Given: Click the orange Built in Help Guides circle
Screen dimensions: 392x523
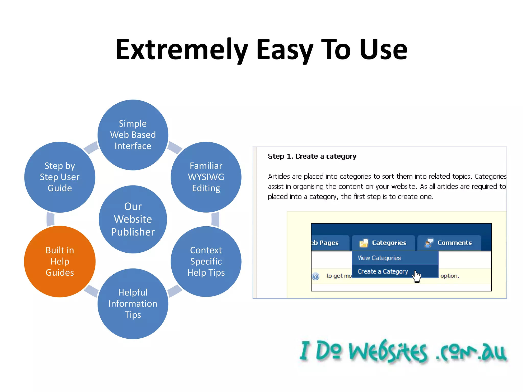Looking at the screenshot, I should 60,261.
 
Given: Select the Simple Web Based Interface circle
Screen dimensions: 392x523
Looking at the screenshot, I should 133,135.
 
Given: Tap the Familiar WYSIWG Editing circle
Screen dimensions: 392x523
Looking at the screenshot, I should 206,177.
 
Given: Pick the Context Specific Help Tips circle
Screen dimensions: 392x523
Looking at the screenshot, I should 206,261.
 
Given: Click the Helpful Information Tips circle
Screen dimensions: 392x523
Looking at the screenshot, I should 133,304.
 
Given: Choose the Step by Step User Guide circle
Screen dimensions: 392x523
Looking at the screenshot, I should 60,177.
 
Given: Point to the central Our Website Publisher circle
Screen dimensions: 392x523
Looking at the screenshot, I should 133,219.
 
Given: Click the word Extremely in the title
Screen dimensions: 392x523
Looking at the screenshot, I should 182,50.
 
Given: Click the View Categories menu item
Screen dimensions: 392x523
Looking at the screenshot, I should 379,258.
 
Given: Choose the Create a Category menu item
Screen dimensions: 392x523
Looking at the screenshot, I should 383,271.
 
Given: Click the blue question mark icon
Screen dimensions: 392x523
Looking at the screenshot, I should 316,276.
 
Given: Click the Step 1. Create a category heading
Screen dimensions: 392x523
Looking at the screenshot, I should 312,156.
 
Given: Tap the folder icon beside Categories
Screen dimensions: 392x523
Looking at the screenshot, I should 364,243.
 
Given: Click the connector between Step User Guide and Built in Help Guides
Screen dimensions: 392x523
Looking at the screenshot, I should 51,219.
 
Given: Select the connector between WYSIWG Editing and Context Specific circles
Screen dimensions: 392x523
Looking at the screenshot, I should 215,219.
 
